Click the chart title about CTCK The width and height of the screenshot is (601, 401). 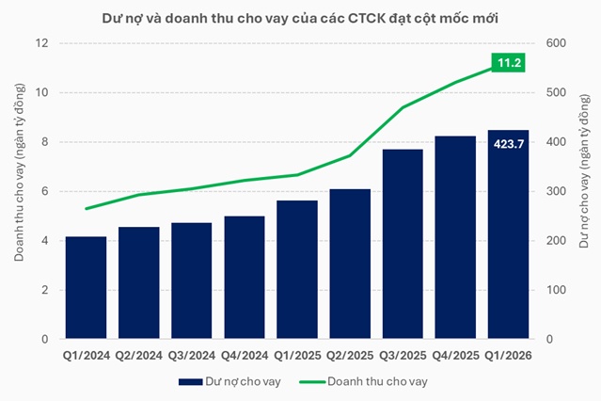point(300,18)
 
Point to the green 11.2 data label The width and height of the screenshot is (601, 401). point(508,63)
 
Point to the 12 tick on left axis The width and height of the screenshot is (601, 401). point(42,43)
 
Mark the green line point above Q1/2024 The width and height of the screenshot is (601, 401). point(86,209)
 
